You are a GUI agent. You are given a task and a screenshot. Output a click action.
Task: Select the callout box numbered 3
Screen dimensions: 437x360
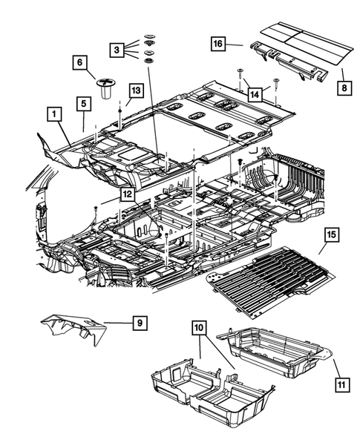tap(116, 50)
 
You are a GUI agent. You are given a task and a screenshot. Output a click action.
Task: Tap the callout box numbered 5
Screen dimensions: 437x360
tap(84, 102)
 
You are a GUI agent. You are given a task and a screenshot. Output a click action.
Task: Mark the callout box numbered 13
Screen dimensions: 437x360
tap(134, 90)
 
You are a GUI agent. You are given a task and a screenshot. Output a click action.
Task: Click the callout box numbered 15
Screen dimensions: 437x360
tap(331, 235)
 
